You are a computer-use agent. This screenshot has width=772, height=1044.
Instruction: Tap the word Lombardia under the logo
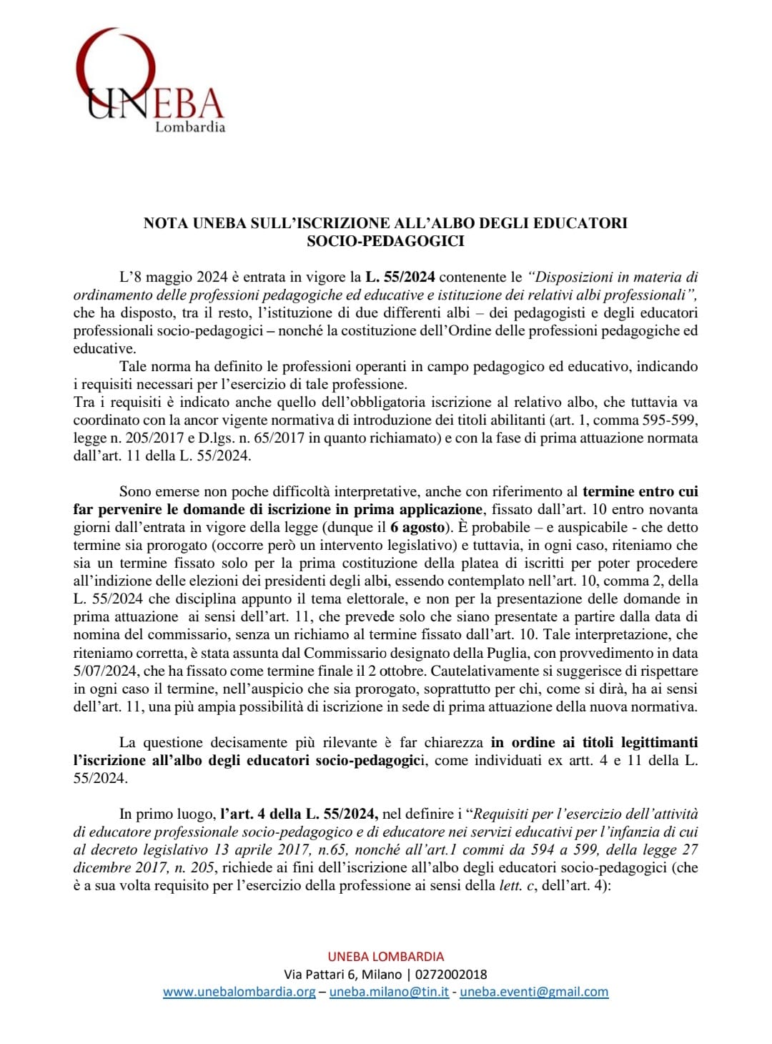click(x=190, y=127)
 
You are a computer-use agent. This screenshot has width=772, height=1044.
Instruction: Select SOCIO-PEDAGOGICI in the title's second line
click(x=385, y=241)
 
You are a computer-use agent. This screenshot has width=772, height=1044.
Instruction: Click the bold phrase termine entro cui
click(x=640, y=491)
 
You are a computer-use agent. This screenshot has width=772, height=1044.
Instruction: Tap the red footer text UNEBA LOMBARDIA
click(x=385, y=956)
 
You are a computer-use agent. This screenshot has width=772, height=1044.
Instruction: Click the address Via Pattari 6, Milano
click(x=342, y=974)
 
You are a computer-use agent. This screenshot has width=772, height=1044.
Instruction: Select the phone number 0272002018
click(x=451, y=974)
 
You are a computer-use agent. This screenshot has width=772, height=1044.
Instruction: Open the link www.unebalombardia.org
click(x=239, y=992)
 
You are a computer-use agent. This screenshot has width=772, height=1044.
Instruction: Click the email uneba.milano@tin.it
click(x=389, y=992)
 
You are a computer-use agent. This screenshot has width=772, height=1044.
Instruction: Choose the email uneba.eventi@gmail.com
click(x=534, y=992)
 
